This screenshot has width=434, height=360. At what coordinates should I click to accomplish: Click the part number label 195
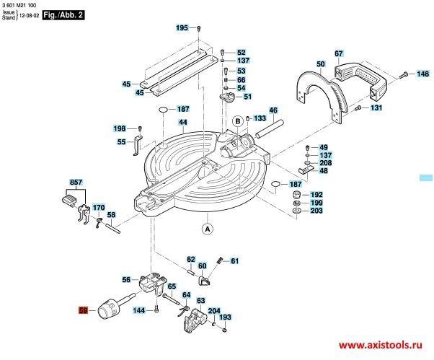click(x=182, y=27)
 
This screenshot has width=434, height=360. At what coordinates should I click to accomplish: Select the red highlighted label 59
click(x=83, y=310)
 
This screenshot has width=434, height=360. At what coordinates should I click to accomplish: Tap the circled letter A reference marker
click(x=207, y=230)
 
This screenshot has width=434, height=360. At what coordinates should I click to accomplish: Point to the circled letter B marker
click(x=236, y=121)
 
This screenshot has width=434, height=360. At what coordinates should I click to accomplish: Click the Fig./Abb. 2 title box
click(x=63, y=13)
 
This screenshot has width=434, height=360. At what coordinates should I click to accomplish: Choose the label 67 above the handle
click(x=338, y=54)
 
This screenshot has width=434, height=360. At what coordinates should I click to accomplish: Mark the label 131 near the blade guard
click(x=376, y=108)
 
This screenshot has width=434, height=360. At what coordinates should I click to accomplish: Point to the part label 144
click(x=140, y=310)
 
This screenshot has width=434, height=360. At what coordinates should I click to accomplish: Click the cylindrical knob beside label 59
click(x=110, y=308)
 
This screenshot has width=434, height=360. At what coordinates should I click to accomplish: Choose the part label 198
click(x=120, y=128)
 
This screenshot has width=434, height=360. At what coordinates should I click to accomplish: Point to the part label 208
click(x=325, y=163)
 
